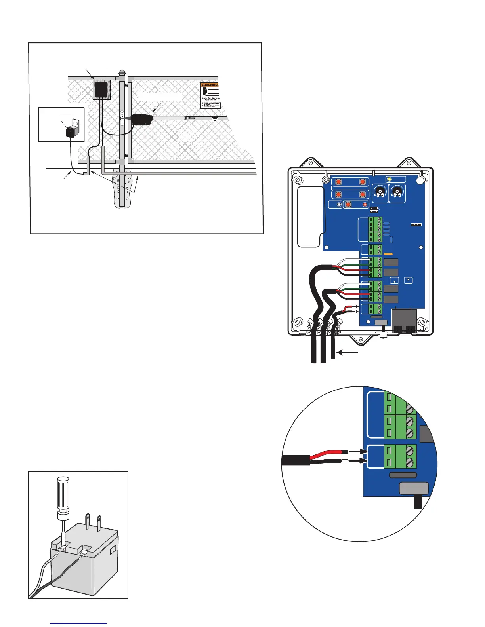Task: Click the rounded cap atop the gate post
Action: (x=122, y=74)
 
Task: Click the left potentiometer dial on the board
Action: (x=380, y=193)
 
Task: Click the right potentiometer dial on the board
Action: (x=397, y=193)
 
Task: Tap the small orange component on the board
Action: (x=388, y=253)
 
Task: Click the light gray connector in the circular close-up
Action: (x=414, y=488)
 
